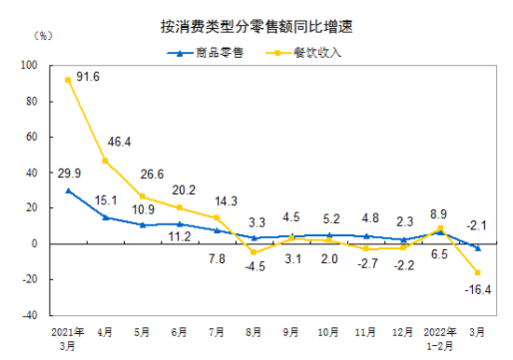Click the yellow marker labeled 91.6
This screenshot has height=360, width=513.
click(x=68, y=80)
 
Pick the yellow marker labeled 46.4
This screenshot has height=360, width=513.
click(x=105, y=160)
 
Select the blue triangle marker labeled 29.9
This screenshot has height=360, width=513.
click(x=68, y=190)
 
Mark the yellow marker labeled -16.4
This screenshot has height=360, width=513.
click(x=478, y=272)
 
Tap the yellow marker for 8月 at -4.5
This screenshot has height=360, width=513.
click(x=254, y=252)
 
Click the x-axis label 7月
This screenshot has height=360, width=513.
click(x=216, y=332)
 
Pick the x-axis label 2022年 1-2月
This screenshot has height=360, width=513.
click(x=439, y=338)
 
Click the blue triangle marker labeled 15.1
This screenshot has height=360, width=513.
click(x=105, y=217)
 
